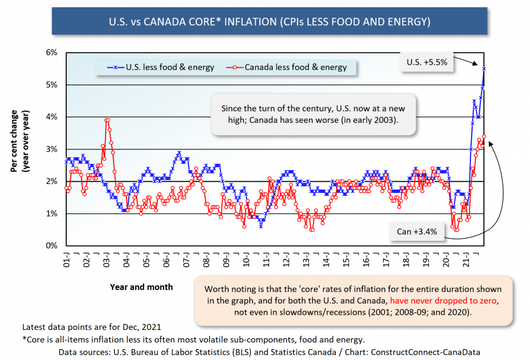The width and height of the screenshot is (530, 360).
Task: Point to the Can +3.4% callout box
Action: click(417, 232)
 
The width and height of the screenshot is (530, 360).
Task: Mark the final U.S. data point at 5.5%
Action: click(484, 68)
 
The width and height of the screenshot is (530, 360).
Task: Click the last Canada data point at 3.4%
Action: click(484, 136)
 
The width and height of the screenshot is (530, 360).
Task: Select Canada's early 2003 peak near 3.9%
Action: click(107, 120)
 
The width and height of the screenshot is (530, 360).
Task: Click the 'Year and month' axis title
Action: click(141, 286)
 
